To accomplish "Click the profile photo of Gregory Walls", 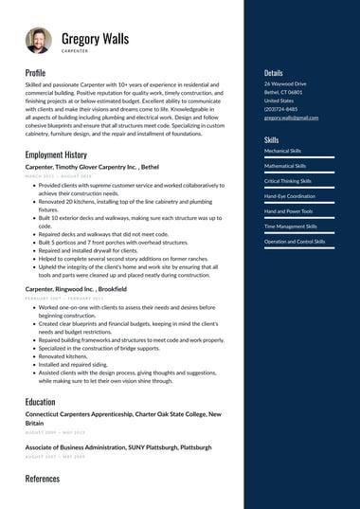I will point(39,41).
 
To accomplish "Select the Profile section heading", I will point(35,72).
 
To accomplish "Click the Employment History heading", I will point(56,155).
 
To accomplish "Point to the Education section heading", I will point(40,402).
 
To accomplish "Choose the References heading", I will point(42,479).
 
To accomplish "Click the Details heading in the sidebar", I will point(273,72).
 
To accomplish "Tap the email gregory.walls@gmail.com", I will point(291,118).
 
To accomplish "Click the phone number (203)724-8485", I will point(280,109).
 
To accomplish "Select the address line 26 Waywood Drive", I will point(285,84).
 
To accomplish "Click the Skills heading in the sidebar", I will point(271,139).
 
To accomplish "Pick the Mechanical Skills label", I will point(283,151).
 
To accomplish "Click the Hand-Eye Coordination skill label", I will point(290,196).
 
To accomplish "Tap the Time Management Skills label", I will point(291,227).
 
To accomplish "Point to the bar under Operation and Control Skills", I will point(298,248).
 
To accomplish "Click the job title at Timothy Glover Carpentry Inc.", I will point(92,167).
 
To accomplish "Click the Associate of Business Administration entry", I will point(118,446).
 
